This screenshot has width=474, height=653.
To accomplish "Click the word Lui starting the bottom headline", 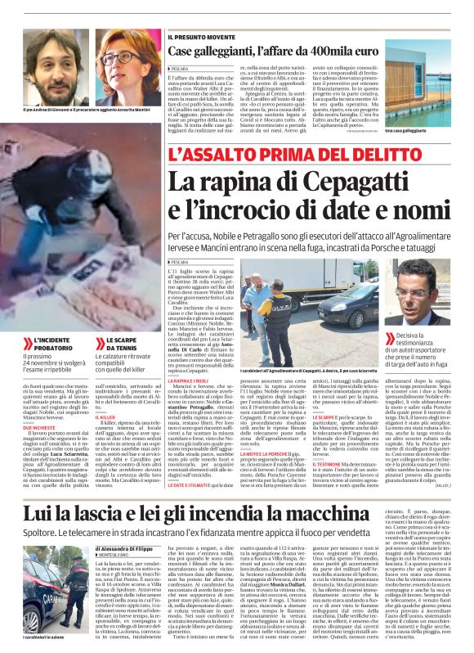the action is (35, 491).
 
